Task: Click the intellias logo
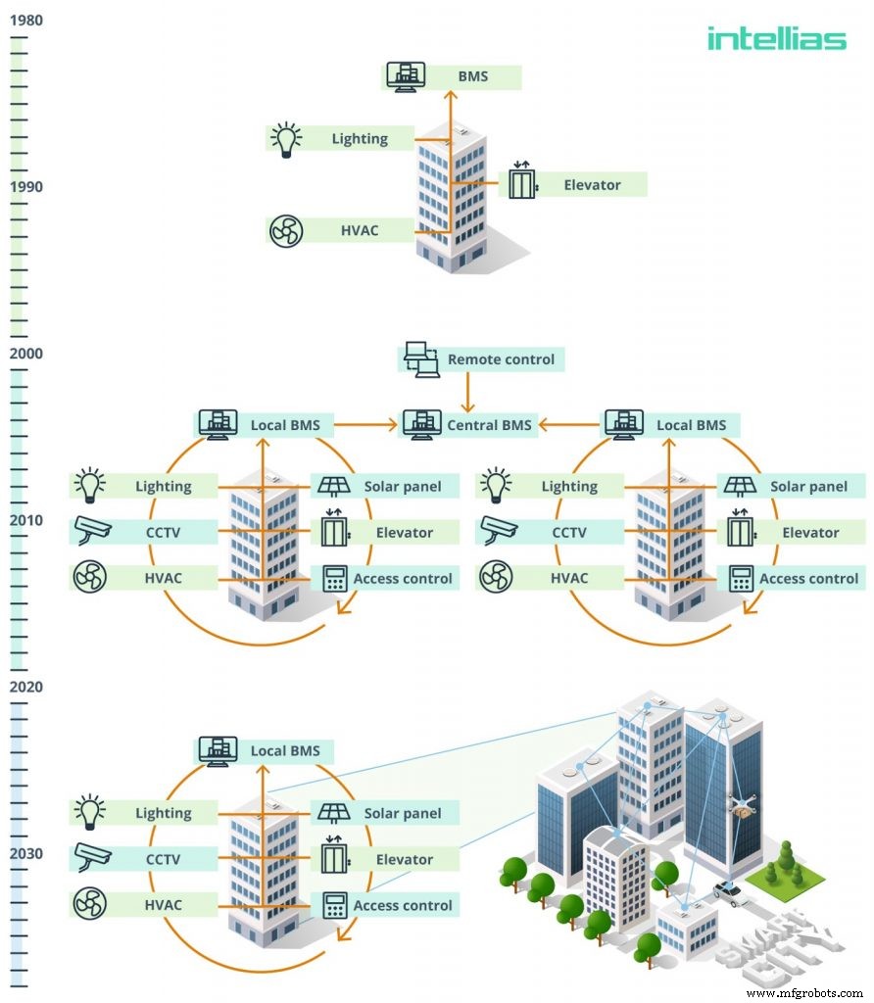pyautogui.click(x=776, y=38)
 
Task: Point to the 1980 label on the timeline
pyautogui.click(x=26, y=20)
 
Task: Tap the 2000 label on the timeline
pyautogui.click(x=26, y=354)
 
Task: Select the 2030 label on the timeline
pyautogui.click(x=26, y=854)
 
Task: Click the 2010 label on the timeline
pyautogui.click(x=26, y=520)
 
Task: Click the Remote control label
pyautogui.click(x=501, y=359)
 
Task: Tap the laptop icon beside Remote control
pyautogui.click(x=420, y=359)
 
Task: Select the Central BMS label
pyautogui.click(x=489, y=425)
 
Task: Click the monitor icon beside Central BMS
pyautogui.click(x=422, y=424)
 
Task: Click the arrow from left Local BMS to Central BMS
pyautogui.click(x=368, y=425)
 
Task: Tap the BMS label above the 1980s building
pyautogui.click(x=472, y=76)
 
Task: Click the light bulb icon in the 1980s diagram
pyautogui.click(x=286, y=139)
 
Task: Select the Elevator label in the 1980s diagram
pyautogui.click(x=592, y=184)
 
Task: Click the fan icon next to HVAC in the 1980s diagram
pyautogui.click(x=286, y=231)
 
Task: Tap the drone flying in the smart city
pyautogui.click(x=744, y=808)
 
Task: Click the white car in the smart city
pyautogui.click(x=730, y=892)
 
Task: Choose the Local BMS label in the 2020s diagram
pyautogui.click(x=284, y=751)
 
